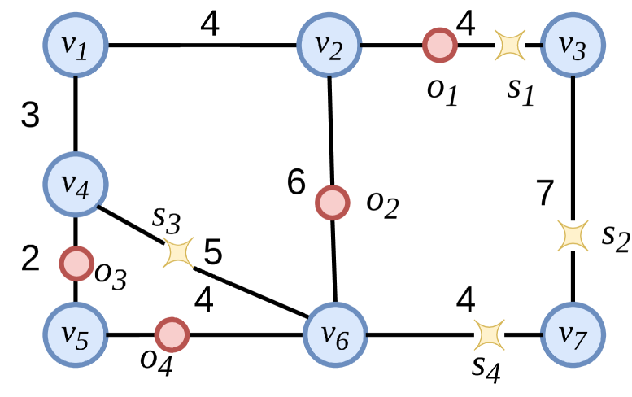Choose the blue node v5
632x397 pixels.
[75, 334]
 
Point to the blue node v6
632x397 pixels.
[336, 334]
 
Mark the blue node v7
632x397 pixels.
[573, 334]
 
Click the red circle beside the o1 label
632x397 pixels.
[439, 46]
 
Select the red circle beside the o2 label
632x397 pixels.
[332, 202]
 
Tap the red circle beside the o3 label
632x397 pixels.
[76, 263]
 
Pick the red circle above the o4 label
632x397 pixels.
[172, 334]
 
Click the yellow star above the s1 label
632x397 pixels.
[511, 46]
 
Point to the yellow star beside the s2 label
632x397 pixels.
[573, 235]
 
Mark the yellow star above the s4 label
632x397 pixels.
[489, 334]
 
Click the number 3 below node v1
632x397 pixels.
[30, 116]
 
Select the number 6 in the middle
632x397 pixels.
[296, 182]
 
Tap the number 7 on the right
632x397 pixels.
[545, 193]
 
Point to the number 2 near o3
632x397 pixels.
[30, 260]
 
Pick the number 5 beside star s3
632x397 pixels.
[213, 253]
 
